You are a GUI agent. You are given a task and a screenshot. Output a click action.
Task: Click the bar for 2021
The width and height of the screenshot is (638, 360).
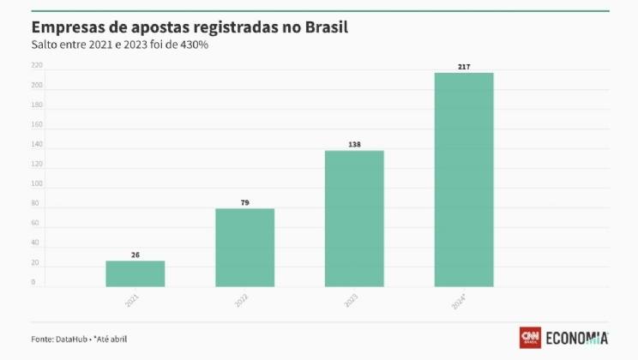tap(135, 273)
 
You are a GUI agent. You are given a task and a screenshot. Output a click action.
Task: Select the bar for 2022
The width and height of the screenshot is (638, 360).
tap(244, 248)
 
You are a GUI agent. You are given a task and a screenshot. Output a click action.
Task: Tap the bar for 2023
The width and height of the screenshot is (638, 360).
tap(354, 219)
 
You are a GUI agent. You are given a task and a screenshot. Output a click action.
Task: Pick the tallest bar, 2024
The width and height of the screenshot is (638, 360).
tap(464, 180)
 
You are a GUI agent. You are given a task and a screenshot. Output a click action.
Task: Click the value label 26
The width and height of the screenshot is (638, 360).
tap(135, 255)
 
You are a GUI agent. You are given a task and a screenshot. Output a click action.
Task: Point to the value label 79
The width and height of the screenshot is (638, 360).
tap(244, 203)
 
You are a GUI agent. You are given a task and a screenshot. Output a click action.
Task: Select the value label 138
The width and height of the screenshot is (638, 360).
tap(354, 145)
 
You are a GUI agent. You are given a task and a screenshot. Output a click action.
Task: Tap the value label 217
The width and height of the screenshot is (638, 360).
tap(464, 67)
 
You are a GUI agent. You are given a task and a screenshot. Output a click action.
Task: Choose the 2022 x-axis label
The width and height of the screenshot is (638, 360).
tap(242, 301)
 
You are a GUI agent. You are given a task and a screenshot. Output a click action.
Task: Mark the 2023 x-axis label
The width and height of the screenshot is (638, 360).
tap(352, 301)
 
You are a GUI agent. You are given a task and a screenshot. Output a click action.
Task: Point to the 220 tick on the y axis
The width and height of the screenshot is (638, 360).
tap(37, 65)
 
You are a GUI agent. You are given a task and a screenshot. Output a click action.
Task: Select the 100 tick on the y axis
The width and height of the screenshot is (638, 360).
tap(37, 184)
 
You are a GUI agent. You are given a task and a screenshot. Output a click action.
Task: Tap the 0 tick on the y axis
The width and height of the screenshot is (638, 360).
tap(34, 282)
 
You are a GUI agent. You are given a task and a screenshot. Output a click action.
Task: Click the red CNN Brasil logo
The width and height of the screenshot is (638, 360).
tap(530, 338)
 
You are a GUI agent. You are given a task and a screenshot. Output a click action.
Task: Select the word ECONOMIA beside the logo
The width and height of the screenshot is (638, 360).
tap(576, 338)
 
